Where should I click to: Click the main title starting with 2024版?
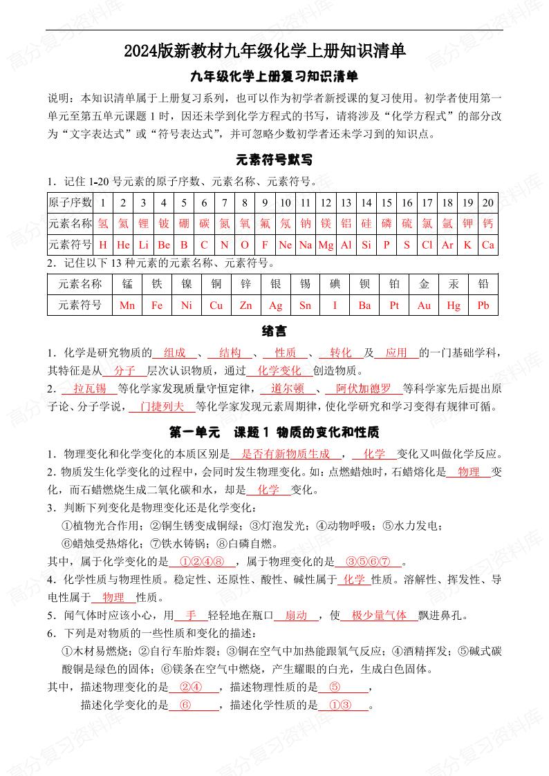pos(274,51)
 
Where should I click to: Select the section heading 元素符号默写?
pos(274,160)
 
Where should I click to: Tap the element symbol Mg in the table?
pos(326,245)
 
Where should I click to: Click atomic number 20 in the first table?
pos(488,202)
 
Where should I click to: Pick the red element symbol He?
pos(124,245)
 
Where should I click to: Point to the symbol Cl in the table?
pos(427,245)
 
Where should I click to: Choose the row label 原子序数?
pos(70,202)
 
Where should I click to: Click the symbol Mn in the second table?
pos(127,305)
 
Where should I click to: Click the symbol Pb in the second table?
pos(483,305)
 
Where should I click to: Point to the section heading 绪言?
pos(274,331)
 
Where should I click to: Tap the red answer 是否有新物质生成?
pos(286,454)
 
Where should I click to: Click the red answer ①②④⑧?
pos(203,561)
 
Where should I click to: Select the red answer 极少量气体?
pos(380,615)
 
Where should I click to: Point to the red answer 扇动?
pos(296,615)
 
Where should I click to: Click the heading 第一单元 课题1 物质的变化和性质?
pos(274,432)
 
